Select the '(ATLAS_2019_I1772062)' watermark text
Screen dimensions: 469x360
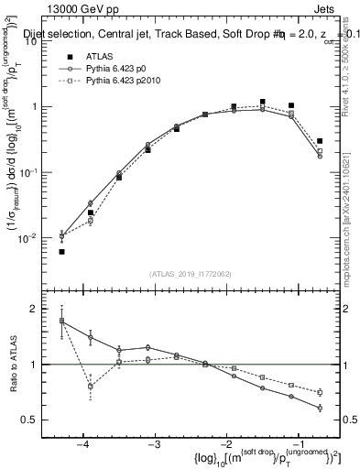pos(189,274)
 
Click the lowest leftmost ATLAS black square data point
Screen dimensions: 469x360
pos(61,251)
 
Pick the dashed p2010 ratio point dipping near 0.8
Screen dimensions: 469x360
pos(90,387)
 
